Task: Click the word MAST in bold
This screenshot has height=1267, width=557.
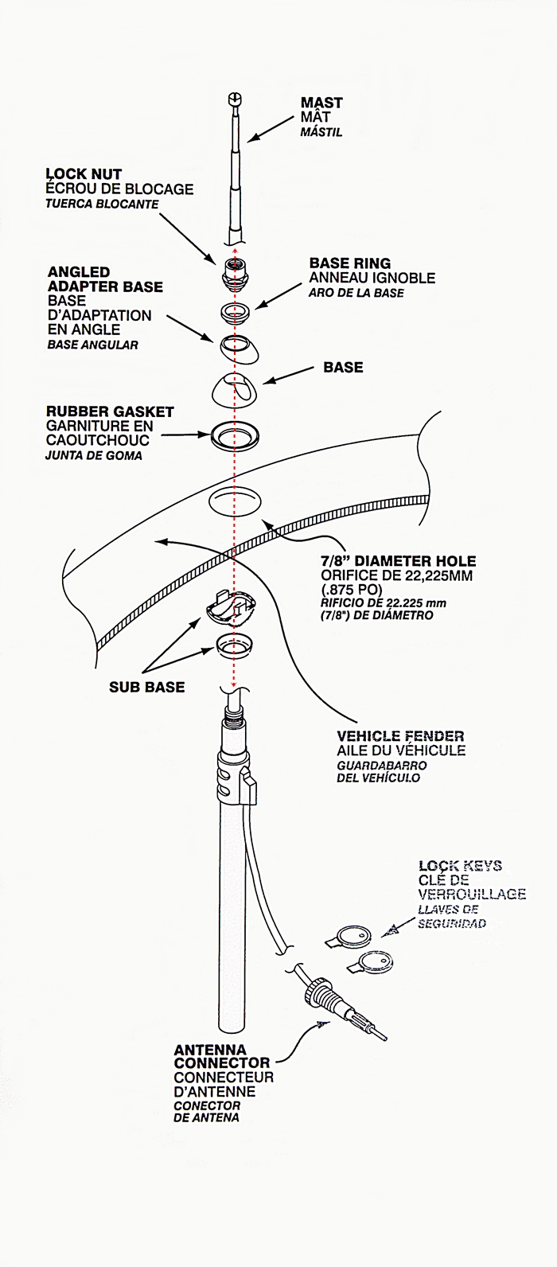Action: point(321,103)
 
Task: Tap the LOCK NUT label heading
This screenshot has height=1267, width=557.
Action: point(84,173)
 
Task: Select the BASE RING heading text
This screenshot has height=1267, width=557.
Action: point(349,263)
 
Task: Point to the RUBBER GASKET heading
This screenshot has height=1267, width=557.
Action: point(110,411)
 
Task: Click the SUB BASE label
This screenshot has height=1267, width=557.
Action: point(146,687)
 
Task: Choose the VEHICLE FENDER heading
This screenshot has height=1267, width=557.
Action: point(400,736)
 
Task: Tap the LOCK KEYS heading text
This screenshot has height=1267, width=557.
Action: point(460,866)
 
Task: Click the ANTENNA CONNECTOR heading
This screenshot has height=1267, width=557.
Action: point(222,1056)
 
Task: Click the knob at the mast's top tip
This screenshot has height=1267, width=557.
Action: point(234,99)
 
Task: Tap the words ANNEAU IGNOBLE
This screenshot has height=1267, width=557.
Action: point(372,278)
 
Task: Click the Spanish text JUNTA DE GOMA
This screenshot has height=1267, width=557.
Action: point(94,456)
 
